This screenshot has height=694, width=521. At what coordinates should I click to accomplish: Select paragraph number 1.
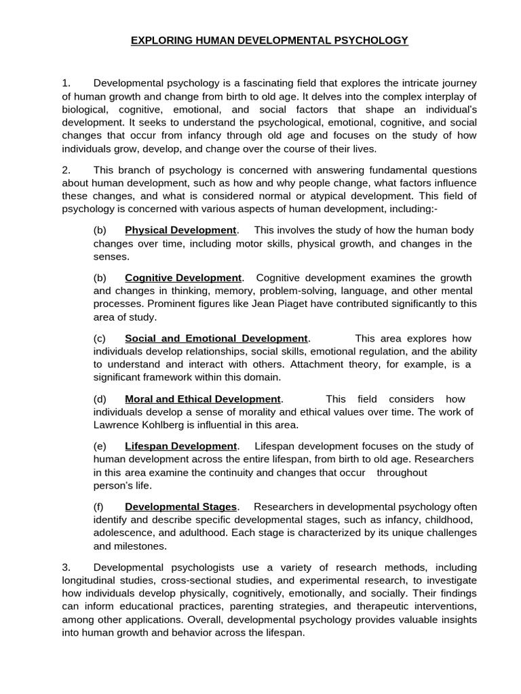[x=66, y=83]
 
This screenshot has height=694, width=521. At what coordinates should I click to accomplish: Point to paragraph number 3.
[x=66, y=567]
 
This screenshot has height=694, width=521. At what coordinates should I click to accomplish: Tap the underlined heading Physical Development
[x=180, y=230]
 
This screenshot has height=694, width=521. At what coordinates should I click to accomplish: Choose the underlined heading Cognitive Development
[x=183, y=278]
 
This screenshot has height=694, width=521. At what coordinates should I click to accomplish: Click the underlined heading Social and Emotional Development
[x=216, y=338]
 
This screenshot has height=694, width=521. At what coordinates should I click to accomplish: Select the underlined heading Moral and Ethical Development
[x=202, y=399]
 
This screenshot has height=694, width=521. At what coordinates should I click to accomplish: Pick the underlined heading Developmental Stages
[x=180, y=507]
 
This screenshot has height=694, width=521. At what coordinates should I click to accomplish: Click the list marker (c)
[x=100, y=338]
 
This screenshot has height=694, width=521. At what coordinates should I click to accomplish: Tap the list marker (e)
[x=100, y=446]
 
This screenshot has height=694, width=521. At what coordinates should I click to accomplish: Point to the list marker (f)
[x=99, y=507]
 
